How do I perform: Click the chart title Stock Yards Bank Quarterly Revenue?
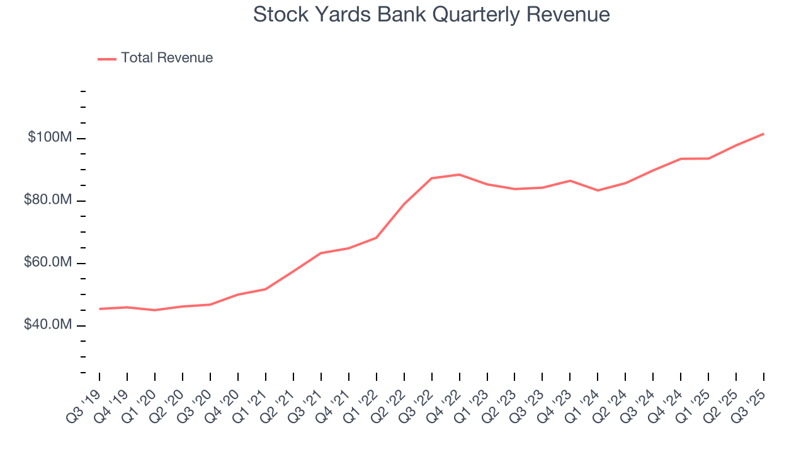(x=431, y=15)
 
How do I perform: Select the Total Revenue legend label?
(x=167, y=58)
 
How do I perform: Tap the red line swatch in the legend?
(x=107, y=59)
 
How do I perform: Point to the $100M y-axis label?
(x=49, y=137)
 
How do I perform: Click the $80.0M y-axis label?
(x=47, y=200)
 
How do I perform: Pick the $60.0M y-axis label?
(x=47, y=262)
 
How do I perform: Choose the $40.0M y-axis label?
(x=47, y=325)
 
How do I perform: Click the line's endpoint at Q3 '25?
(x=764, y=134)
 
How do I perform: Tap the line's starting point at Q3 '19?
(x=99, y=309)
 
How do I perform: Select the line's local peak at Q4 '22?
(x=460, y=175)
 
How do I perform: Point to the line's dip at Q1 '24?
(x=598, y=190)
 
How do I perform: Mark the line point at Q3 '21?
(x=321, y=253)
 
